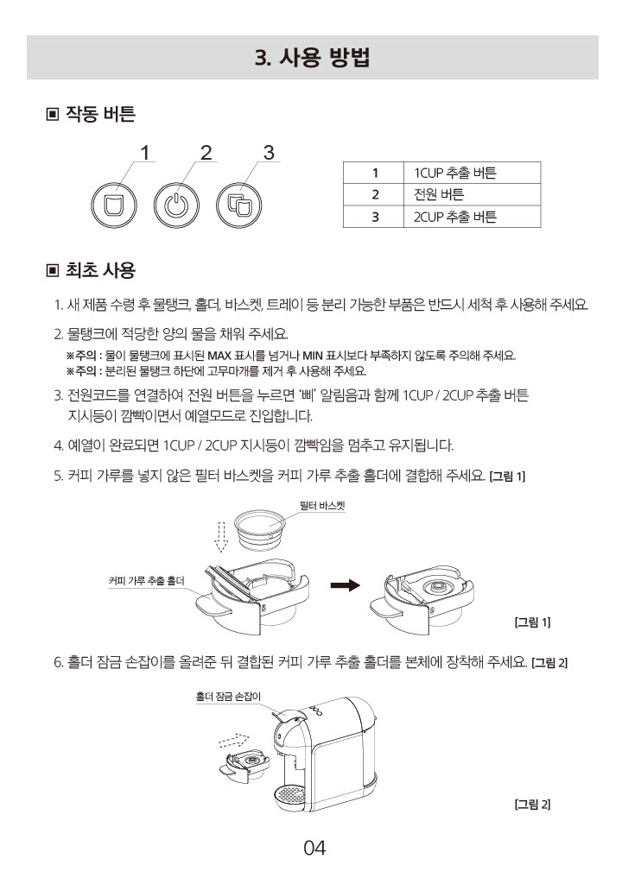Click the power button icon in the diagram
[177, 205]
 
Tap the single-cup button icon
[114, 205]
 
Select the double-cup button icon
[238, 205]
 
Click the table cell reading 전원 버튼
[472, 194]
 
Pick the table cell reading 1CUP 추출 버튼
[472, 173]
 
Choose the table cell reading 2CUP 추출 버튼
[472, 217]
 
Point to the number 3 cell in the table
[374, 217]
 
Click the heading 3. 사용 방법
[312, 58]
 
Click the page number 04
[314, 848]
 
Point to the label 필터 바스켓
[322, 506]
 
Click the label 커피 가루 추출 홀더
[146, 581]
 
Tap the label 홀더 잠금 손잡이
[229, 697]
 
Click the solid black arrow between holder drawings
[345, 585]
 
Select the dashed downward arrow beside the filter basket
[220, 537]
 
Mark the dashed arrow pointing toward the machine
[234, 740]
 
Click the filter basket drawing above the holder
[260, 529]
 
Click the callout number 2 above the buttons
[206, 152]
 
